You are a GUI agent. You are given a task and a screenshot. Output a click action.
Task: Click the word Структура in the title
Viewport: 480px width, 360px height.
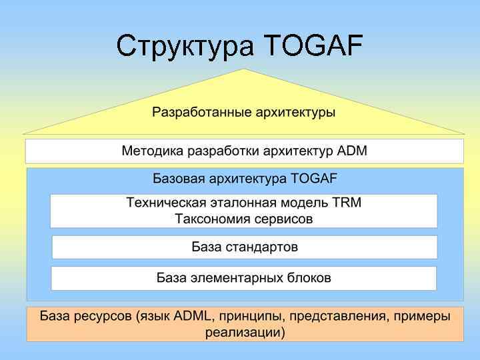pos(185,47)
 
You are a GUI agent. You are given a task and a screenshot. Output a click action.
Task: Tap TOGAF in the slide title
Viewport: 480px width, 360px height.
pos(313,47)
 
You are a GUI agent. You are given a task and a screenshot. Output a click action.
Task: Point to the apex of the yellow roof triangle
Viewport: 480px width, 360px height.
pos(245,69)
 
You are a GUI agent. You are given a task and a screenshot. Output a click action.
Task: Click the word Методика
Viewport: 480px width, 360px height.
pos(152,151)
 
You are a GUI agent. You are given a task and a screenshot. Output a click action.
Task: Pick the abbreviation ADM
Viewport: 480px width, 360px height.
pos(352,151)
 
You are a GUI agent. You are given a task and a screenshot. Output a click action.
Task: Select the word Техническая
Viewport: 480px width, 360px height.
pos(164,203)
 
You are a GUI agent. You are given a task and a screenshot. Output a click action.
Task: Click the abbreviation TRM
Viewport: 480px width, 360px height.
pos(347,203)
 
